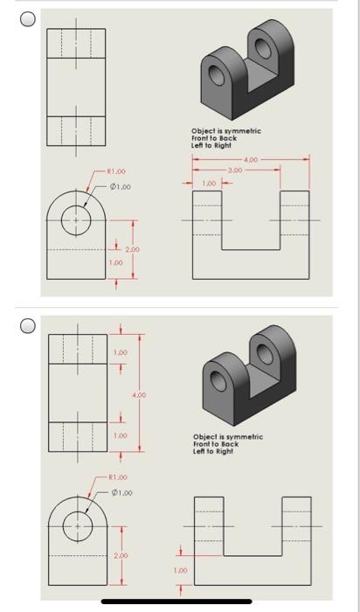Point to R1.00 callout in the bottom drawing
(116, 478)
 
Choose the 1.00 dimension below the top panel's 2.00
(114, 261)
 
